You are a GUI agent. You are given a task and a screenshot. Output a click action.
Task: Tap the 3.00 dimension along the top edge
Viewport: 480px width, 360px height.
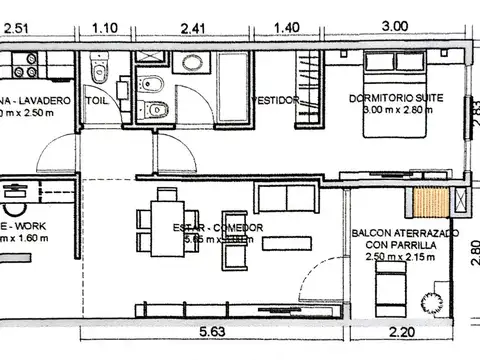tap(393, 28)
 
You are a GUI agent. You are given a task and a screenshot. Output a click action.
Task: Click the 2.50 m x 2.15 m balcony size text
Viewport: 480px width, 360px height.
tap(396, 259)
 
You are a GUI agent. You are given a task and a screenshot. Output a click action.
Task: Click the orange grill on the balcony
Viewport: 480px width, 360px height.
tap(434, 203)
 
